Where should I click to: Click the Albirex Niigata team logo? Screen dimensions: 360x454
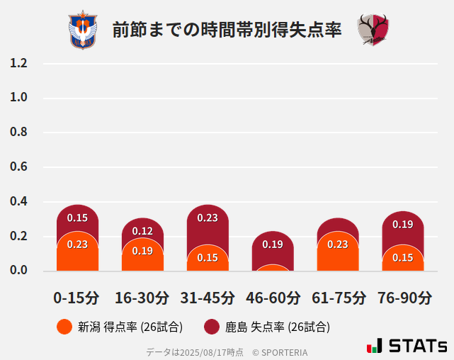coord(83,30)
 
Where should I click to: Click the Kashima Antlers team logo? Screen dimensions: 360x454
coord(373,30)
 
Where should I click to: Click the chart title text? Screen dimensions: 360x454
coord(227,30)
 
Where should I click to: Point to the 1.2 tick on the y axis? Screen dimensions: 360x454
coord(18,63)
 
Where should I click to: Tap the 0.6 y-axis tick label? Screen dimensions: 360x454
coord(18,167)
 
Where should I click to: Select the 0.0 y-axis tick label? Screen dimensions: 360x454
coord(18,270)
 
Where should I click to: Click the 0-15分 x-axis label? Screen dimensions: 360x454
coord(77,297)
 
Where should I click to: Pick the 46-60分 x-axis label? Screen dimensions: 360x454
coord(273,297)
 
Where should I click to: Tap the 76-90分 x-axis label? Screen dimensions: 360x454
coord(403,297)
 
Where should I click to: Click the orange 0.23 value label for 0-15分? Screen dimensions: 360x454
coord(77,244)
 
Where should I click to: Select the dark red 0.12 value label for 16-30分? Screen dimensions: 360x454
coord(142,231)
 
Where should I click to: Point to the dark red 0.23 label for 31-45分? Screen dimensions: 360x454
coord(208,218)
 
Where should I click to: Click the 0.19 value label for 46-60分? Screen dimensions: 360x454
coord(273,244)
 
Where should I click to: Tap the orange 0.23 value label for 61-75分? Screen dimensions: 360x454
coord(338,244)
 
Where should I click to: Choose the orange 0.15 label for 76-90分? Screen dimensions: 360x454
coord(403,258)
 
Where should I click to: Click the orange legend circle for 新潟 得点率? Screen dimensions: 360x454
coord(64,327)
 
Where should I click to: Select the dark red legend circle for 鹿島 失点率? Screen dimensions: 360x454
coord(212,327)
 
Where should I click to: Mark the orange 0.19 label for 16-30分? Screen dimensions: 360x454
coord(142,251)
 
